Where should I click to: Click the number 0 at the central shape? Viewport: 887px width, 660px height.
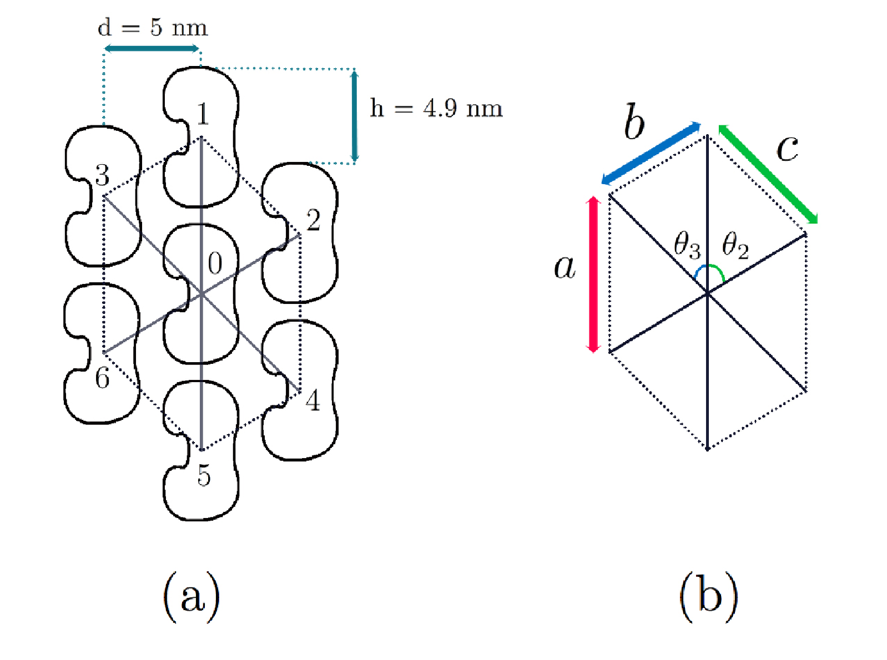point(215,263)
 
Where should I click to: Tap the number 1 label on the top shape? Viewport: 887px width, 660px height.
point(204,114)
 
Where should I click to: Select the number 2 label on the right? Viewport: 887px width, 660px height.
point(313,220)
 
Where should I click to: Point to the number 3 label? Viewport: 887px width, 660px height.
point(102,175)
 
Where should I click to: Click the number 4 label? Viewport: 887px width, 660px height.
point(313,400)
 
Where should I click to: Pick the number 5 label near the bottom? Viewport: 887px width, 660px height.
point(204,476)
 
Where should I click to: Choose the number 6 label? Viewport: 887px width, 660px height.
point(102,378)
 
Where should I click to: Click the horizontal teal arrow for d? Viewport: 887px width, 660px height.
point(152,49)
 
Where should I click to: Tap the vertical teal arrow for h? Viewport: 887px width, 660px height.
point(354,116)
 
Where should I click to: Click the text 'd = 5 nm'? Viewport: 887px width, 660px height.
point(153,28)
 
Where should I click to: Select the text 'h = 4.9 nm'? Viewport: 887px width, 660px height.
point(436,108)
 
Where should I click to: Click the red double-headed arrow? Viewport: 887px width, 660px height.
point(593,275)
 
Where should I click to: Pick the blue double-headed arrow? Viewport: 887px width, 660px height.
point(652,154)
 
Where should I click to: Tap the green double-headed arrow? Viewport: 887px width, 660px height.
point(768,174)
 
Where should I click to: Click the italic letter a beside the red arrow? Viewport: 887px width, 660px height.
point(565,267)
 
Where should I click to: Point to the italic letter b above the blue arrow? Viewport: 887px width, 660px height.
point(634,121)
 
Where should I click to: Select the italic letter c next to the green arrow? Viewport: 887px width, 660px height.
point(787,149)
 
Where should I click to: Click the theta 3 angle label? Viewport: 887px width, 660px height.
point(687,246)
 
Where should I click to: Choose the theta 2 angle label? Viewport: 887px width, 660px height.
point(735,246)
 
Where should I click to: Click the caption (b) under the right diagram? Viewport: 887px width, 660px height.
point(709,597)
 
